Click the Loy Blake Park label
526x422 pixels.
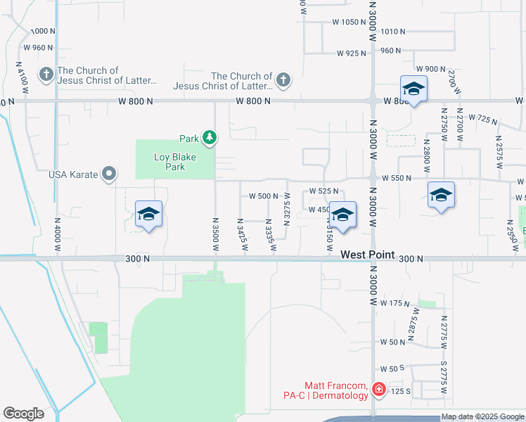[x=169, y=162]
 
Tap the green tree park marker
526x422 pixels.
[x=209, y=137]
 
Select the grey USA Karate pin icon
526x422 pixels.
[x=109, y=173]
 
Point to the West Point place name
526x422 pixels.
[x=367, y=255]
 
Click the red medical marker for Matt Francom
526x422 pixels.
[x=378, y=389]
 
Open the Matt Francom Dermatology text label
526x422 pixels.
[x=336, y=390]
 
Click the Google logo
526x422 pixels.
[x=23, y=414]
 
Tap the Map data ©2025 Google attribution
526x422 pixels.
[x=482, y=417]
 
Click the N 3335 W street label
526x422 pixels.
[x=270, y=234]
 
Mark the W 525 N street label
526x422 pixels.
[x=324, y=191]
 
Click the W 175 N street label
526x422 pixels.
[x=394, y=303]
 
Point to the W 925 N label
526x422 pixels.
[x=352, y=53]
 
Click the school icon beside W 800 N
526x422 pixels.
[x=413, y=90]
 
